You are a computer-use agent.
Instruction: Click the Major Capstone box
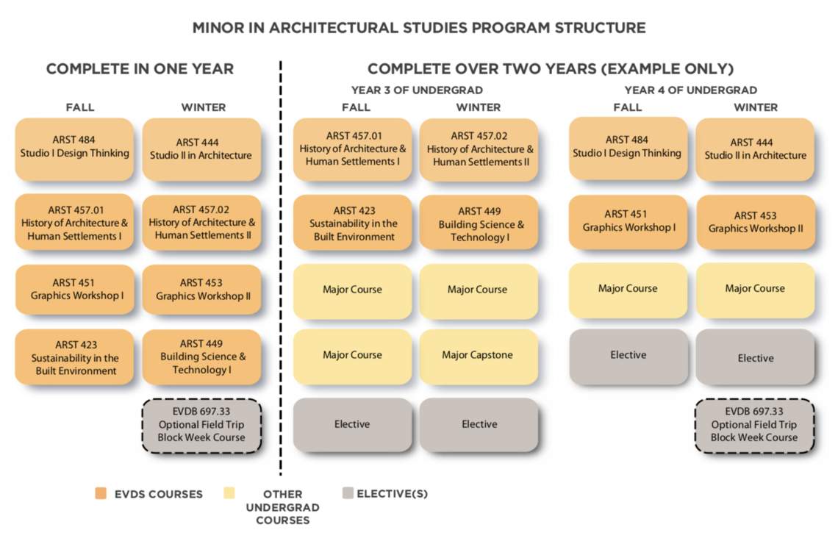coord(478,355)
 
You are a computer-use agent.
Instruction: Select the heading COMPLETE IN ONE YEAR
coord(140,69)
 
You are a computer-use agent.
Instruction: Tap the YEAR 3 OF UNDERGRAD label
coord(416,90)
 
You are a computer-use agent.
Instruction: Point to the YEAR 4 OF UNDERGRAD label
coord(690,90)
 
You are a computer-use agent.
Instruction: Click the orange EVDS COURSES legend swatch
coord(101,493)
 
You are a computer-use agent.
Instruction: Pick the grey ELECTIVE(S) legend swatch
coord(348,493)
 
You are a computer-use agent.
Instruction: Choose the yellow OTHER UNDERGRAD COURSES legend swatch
coord(229,493)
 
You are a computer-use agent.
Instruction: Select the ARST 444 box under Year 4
coord(755,149)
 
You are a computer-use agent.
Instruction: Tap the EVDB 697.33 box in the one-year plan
coord(201,425)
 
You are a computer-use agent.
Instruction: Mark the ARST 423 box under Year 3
coord(353,223)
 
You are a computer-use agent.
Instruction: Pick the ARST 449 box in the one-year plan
coord(201,357)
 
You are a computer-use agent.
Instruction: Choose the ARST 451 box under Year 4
coord(628,221)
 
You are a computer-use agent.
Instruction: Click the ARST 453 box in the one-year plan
coord(201,290)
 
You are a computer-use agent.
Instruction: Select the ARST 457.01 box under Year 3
coord(353,148)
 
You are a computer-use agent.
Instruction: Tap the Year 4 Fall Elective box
coord(628,356)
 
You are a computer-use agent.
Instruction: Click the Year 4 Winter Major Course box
coord(755,290)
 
